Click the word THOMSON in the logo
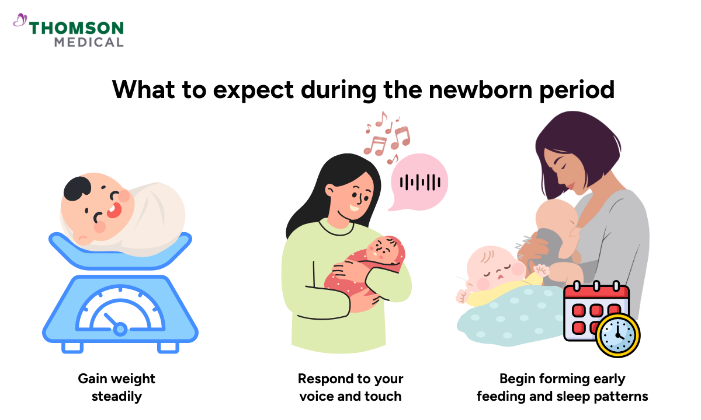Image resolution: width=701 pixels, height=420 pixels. tap(76, 29)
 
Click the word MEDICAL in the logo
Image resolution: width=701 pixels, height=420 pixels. tap(89, 42)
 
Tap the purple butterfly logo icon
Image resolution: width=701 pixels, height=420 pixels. tap(20, 22)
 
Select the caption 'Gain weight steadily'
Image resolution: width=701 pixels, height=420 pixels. tap(116, 387)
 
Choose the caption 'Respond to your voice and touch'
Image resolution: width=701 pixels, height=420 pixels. tap(350, 387)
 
